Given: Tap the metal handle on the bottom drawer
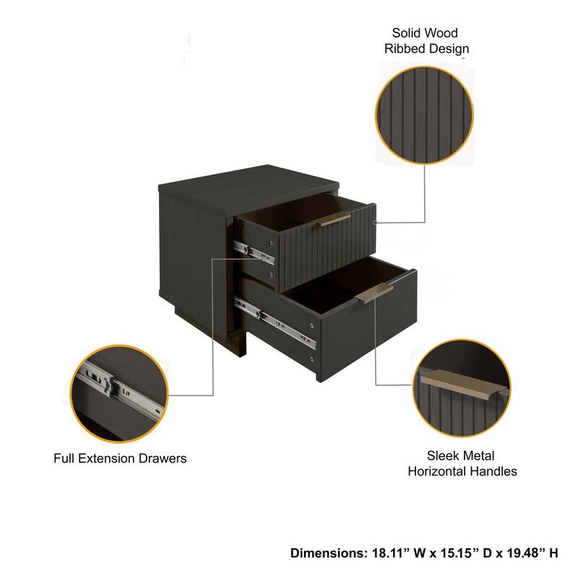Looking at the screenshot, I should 375,294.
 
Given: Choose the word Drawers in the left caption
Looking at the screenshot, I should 163,458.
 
